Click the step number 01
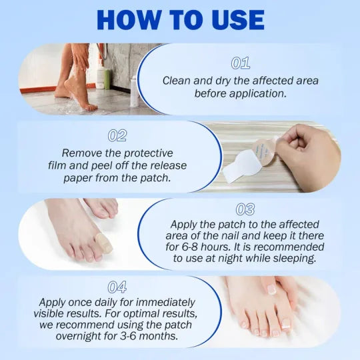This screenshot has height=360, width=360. [240, 63]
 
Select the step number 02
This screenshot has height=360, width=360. [117, 136]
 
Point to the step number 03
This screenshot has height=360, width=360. [245, 210]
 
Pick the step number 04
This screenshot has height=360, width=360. [117, 287]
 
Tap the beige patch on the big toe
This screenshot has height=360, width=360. [104, 243]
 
